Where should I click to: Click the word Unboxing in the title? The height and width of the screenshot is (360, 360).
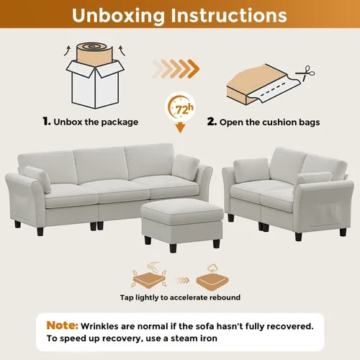click(x=119, y=16)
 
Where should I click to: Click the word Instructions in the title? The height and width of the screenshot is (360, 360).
click(x=229, y=15)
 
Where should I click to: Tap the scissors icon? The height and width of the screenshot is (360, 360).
click(x=305, y=73)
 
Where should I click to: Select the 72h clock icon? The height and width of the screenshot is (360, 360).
click(x=180, y=107)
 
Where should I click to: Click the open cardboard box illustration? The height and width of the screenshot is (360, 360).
click(x=95, y=84)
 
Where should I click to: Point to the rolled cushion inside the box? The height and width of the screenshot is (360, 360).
click(x=95, y=54)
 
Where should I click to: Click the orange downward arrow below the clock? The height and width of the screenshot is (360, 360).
click(x=180, y=127)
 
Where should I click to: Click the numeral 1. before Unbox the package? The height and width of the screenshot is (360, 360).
click(x=47, y=122)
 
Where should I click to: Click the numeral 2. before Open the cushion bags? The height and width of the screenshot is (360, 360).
click(x=212, y=122)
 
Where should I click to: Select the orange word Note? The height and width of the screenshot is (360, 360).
click(x=63, y=325)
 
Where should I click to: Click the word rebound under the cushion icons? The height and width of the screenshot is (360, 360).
click(x=225, y=297)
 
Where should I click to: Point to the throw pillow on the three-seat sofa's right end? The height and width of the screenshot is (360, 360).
click(x=185, y=168)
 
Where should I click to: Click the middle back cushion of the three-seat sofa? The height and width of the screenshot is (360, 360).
click(x=99, y=165)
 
